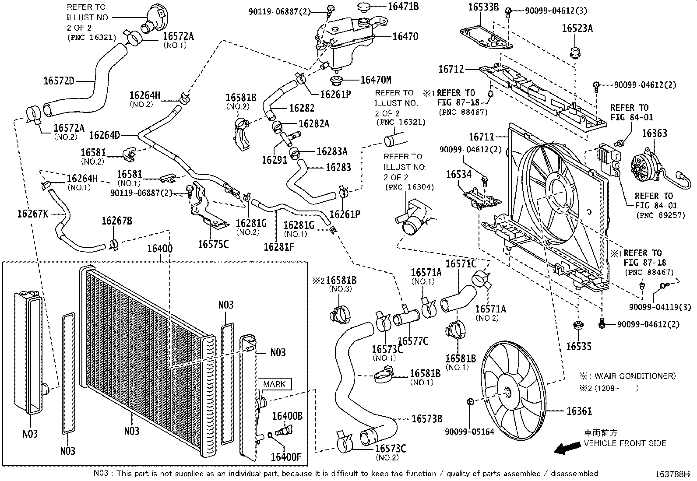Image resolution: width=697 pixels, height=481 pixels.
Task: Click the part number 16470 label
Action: (405, 37)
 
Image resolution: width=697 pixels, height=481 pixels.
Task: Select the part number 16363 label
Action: (655, 133)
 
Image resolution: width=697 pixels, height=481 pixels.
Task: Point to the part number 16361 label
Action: (579, 411)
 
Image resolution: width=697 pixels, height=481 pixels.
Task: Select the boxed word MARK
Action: (275, 384)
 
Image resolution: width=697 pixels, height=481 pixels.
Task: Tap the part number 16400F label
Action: (286, 457)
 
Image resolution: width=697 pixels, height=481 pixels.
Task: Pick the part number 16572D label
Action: (59, 81)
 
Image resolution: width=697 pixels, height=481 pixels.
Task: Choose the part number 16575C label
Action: (213, 244)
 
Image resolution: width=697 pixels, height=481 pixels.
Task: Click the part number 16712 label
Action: (451, 69)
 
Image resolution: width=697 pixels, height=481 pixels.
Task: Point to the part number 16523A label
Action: (577, 28)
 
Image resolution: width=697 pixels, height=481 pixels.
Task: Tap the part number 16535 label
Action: (578, 347)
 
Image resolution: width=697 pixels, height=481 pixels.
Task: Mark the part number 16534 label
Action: (459, 175)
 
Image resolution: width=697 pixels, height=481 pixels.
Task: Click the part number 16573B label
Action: (427, 419)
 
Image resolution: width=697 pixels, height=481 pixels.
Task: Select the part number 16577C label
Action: (413, 341)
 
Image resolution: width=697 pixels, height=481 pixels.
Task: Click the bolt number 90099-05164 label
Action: (470, 432)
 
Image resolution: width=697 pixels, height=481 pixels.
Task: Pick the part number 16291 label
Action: (275, 160)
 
